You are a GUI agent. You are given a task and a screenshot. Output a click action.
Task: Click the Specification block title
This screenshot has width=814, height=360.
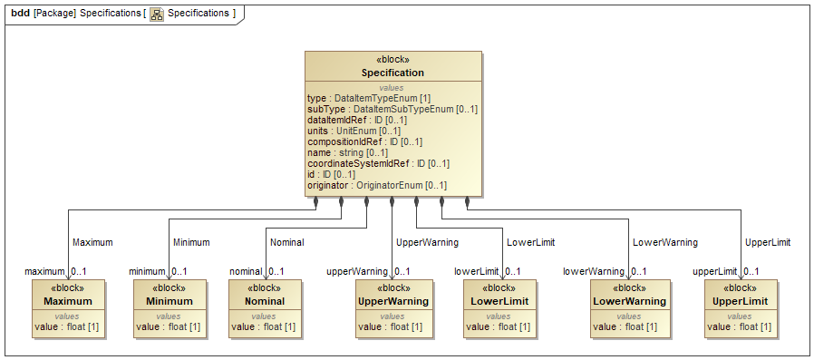[392, 73]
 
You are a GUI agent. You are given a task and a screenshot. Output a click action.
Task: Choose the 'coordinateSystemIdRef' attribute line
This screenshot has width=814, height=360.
[378, 163]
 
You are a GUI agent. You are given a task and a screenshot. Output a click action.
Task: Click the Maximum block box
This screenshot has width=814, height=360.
[69, 308]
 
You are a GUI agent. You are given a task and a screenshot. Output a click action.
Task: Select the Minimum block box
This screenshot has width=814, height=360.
[170, 308]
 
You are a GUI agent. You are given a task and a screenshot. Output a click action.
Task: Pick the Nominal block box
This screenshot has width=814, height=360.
[265, 308]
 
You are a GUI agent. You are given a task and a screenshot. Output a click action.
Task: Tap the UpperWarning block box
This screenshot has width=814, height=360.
[392, 308]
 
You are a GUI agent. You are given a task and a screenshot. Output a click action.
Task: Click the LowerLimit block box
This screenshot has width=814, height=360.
[499, 308]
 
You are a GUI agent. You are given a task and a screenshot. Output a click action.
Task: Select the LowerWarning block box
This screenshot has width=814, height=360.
[630, 308]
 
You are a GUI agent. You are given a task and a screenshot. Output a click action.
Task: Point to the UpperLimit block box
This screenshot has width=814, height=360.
[740, 308]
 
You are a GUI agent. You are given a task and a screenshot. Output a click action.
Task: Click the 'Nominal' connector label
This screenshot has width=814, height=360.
[287, 242]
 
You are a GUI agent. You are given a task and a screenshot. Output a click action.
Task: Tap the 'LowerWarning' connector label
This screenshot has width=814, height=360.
[664, 242]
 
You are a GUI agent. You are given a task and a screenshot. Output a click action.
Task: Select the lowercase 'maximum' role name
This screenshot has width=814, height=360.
[44, 271]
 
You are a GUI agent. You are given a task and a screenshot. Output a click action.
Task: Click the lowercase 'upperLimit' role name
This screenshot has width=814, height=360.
[715, 271]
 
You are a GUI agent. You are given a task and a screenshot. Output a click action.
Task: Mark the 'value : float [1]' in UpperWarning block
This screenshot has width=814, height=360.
[391, 326]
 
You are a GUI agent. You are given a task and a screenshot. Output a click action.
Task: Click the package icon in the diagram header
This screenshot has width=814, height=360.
[157, 14]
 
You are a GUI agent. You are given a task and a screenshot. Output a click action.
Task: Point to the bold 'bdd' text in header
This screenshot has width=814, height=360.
[20, 14]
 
